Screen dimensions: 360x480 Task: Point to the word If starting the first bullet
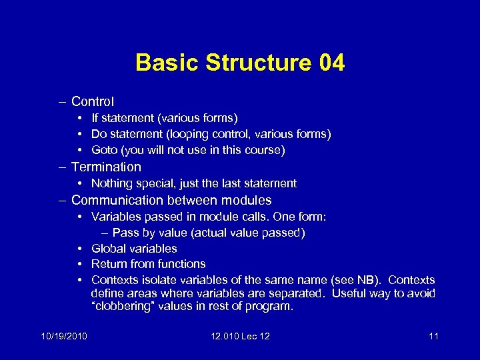pyautogui.click(x=95, y=118)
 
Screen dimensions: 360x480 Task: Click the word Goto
pyautogui.click(x=105, y=150)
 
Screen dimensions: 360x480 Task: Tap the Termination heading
pyautogui.click(x=106, y=167)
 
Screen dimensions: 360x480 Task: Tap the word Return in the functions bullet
pyautogui.click(x=109, y=264)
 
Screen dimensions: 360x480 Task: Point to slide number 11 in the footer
pyautogui.click(x=433, y=335)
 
